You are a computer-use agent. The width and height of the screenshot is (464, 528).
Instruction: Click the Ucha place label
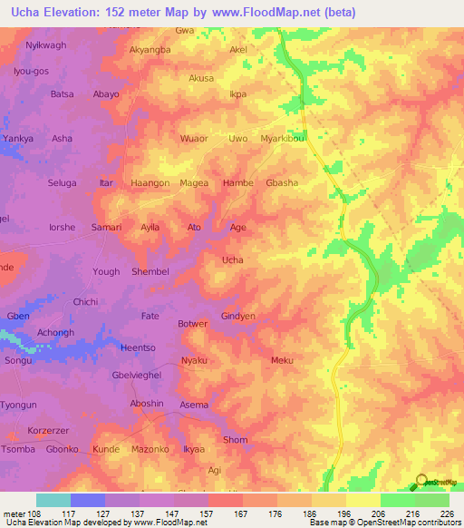[x=233, y=259]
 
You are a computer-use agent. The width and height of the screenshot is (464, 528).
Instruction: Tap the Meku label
[x=282, y=360]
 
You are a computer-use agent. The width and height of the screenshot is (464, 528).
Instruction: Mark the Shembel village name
[x=150, y=271]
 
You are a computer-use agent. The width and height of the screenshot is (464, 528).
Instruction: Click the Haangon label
[x=150, y=182]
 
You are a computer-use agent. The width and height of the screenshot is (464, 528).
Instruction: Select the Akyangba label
[x=150, y=50]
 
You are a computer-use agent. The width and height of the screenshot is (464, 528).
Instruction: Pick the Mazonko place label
[x=150, y=449]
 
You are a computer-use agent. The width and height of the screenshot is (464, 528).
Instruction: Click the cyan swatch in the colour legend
[x=53, y=500]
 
